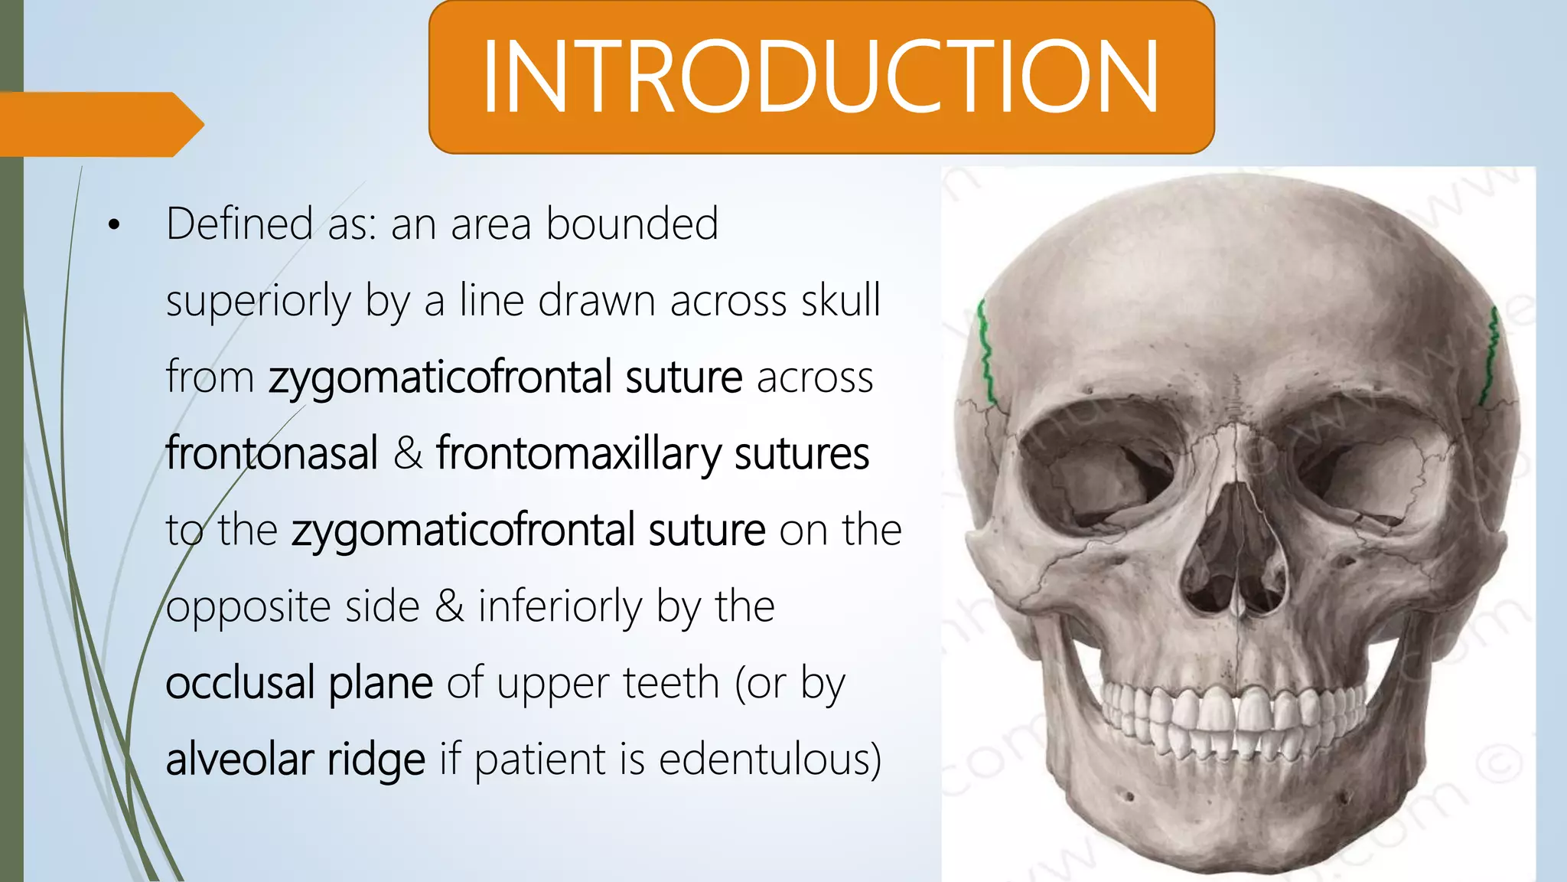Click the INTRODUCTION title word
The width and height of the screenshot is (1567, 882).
(820, 77)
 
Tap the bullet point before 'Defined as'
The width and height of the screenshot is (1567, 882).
(115, 225)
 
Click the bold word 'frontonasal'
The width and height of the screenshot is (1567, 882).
(272, 453)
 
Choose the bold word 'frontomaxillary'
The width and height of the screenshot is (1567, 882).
(578, 453)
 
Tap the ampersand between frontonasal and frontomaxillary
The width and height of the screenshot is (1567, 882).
(408, 453)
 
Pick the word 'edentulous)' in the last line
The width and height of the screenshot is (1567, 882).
(770, 759)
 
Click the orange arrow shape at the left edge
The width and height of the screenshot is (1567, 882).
(99, 124)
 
